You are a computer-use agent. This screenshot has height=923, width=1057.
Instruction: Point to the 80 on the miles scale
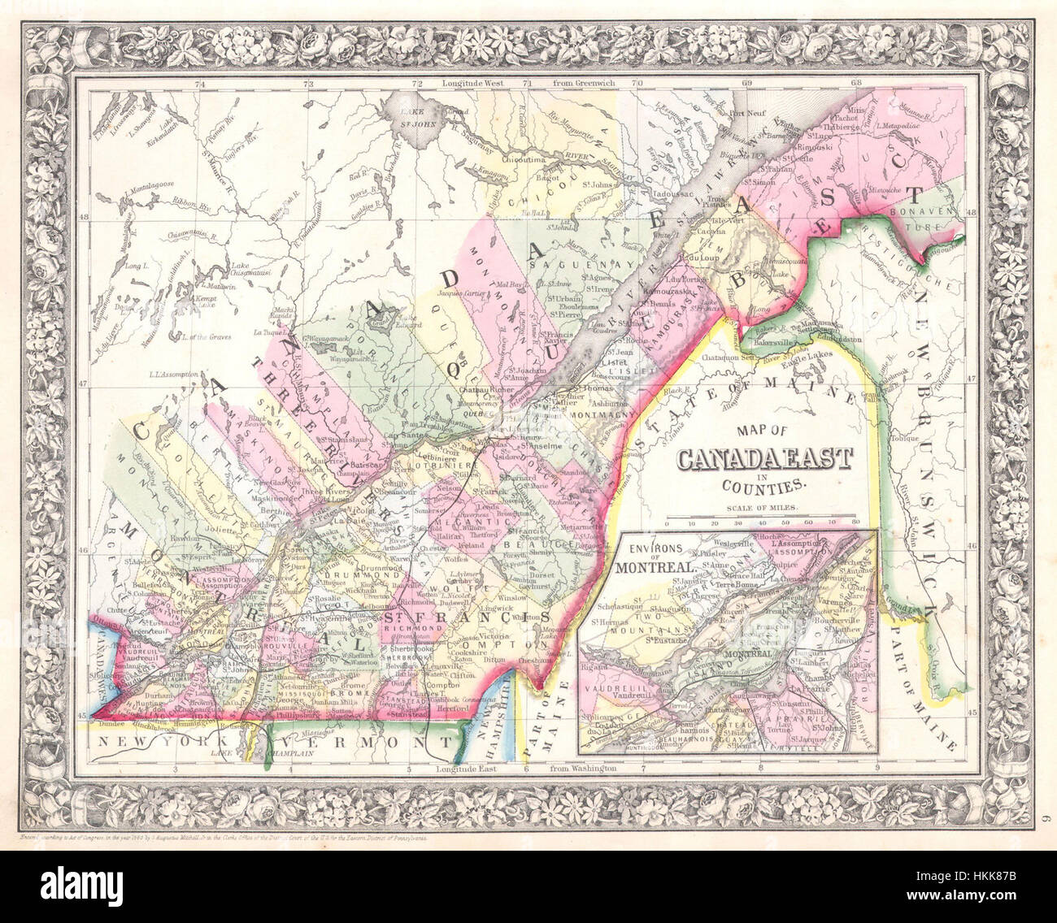tap(855, 523)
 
